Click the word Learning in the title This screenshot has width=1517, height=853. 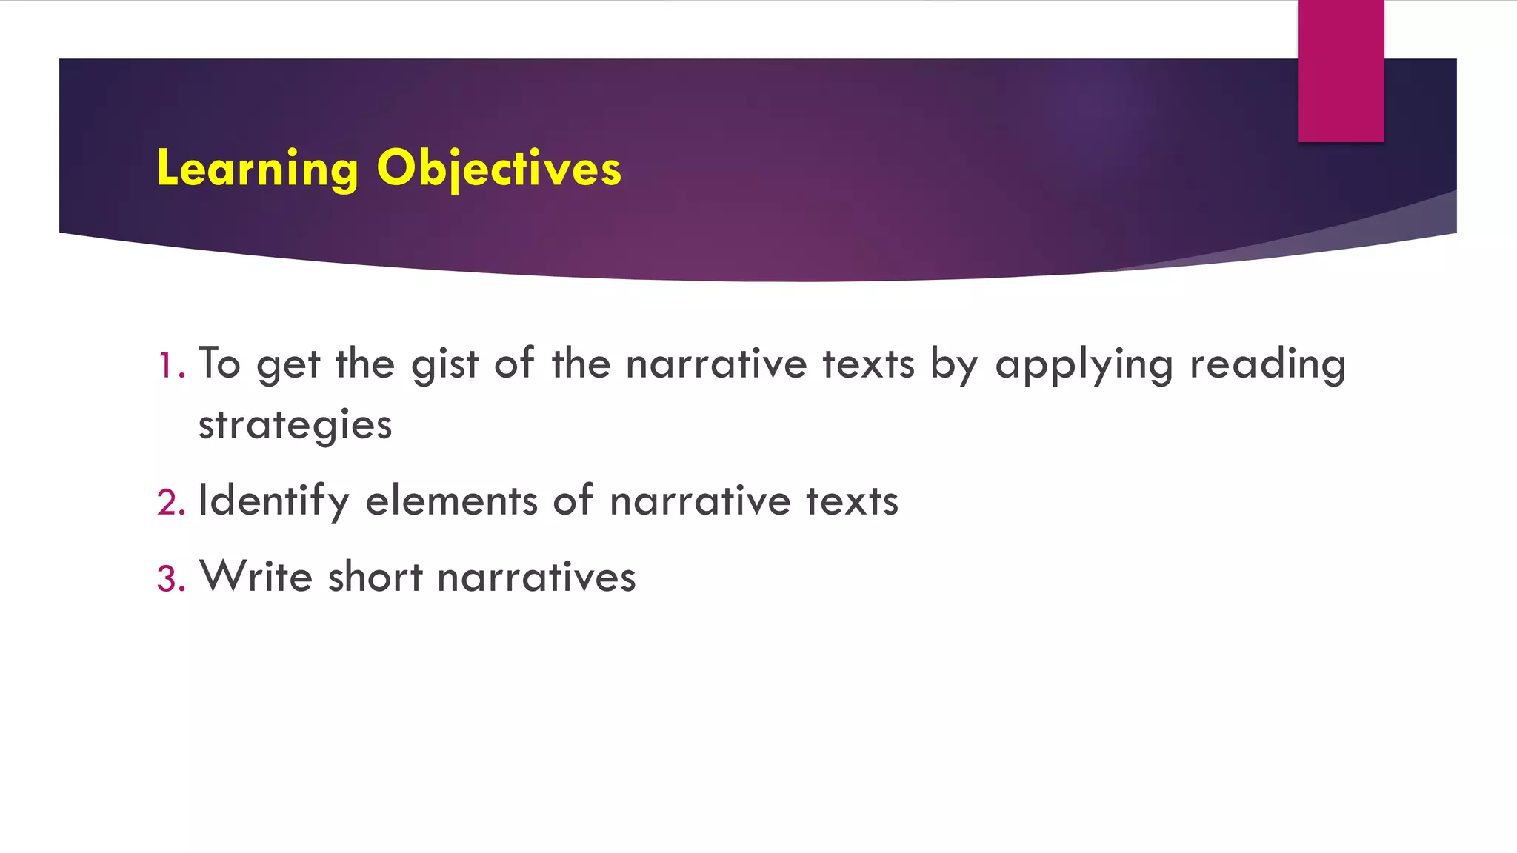pos(257,169)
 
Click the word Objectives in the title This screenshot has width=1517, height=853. pos(499,169)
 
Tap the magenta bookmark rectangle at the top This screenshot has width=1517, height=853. pos(1341,70)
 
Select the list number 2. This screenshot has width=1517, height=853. pos(170,502)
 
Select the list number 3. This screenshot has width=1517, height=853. pos(170,578)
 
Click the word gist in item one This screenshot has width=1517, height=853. pos(444,365)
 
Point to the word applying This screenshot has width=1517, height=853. pos(1084,365)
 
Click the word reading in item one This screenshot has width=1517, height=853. pos(1267,365)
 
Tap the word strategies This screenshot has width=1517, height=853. pos(295,426)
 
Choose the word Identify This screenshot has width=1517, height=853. pos(273,501)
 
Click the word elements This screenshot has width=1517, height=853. pos(451,501)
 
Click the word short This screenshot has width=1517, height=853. pos(375,577)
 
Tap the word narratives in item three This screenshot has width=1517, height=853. pos(536,577)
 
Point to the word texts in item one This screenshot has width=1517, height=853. pos(868,365)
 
